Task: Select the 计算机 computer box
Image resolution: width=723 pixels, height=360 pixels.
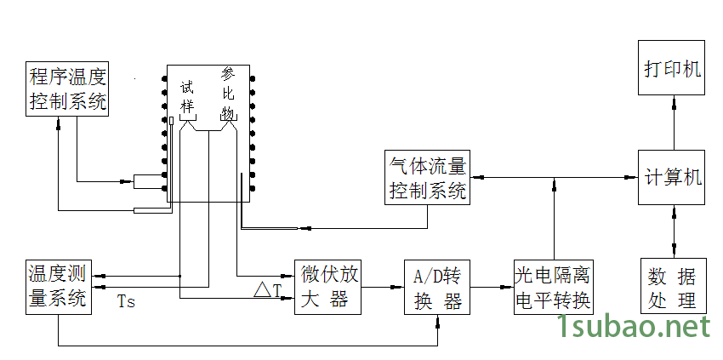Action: point(673,178)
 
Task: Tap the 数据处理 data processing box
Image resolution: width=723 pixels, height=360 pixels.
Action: point(673,288)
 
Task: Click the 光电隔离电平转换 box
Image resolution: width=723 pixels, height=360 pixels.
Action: point(553,288)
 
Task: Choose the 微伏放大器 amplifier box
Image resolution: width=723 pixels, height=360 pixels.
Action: point(328,287)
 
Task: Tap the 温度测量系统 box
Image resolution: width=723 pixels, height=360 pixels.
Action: point(60,287)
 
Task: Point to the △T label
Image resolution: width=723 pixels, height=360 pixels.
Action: point(267,291)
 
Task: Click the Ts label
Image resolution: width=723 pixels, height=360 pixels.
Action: point(126,302)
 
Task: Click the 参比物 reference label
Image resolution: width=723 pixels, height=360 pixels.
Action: point(228,94)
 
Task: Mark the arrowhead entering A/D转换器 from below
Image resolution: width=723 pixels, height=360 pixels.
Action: point(438,322)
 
